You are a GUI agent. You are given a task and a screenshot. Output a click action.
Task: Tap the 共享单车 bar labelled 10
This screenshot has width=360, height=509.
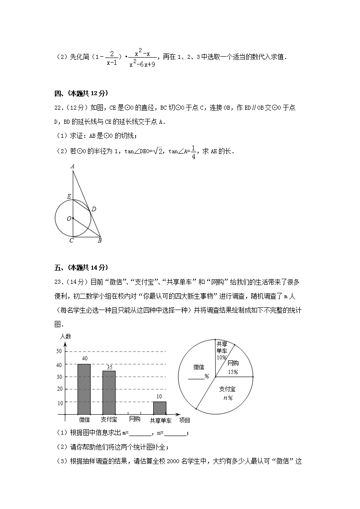click(160, 408)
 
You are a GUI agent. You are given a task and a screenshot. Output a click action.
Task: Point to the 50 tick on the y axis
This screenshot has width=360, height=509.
click(59, 351)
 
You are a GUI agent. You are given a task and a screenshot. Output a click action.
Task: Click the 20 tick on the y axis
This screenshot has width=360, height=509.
click(59, 389)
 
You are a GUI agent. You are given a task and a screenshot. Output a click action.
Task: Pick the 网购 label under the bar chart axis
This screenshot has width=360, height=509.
click(135, 420)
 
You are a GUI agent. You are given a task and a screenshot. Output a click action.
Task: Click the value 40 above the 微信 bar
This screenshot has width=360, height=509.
click(84, 359)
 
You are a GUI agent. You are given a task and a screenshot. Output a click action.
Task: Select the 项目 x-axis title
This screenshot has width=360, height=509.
click(185, 420)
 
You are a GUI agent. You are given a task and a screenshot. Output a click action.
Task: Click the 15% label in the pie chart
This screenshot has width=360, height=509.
click(233, 372)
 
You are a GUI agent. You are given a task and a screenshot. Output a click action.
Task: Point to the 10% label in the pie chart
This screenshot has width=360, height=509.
click(221, 357)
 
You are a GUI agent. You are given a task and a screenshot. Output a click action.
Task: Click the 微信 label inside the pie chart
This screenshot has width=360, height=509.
click(198, 367)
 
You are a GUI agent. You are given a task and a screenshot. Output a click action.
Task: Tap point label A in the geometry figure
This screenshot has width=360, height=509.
click(73, 167)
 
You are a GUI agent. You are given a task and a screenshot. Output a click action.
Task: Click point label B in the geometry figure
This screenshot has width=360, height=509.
click(100, 241)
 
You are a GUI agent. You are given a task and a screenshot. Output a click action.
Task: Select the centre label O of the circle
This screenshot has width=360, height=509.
click(68, 218)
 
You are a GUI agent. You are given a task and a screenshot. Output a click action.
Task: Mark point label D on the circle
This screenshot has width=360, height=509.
click(94, 209)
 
